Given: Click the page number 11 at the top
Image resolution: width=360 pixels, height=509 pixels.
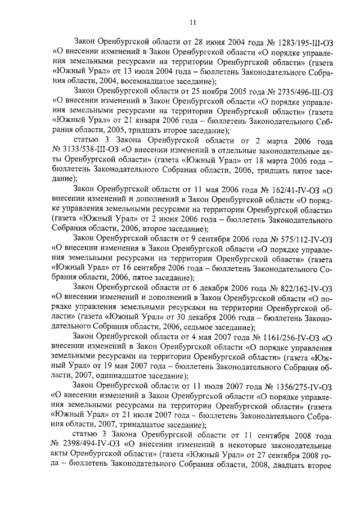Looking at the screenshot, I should click(x=192, y=22).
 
